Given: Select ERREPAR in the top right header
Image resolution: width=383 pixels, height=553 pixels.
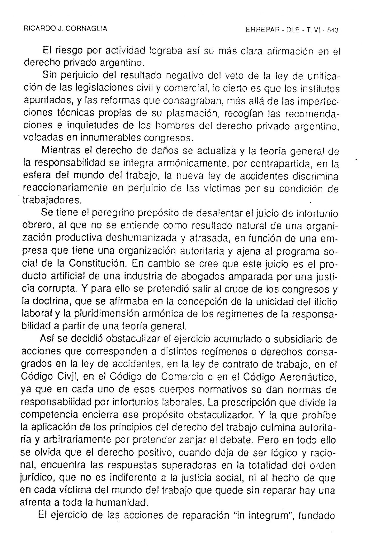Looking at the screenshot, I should pyautogui.click(x=262, y=30).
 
